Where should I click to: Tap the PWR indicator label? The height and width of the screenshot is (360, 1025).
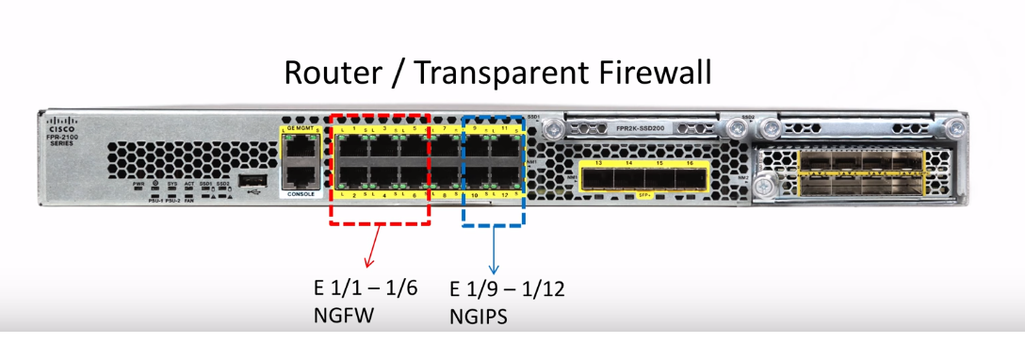(x=138, y=184)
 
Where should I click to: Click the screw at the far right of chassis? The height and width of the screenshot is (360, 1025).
(x=957, y=126)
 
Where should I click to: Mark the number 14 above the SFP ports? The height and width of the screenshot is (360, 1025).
(x=626, y=163)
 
